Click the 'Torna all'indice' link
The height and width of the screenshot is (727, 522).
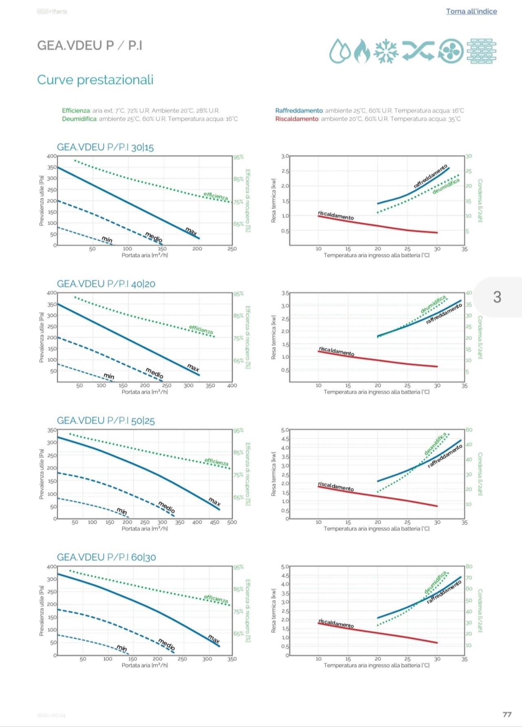(471, 11)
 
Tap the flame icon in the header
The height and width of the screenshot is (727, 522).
(361, 51)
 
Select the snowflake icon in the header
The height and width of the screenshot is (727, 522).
(386, 51)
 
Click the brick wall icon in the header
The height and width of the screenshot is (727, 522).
(481, 51)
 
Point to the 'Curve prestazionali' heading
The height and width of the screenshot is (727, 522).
(95, 80)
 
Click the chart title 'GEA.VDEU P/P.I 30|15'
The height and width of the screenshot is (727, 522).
(105, 147)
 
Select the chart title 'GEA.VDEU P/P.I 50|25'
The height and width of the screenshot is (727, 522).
(106, 420)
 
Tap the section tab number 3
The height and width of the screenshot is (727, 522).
(497, 297)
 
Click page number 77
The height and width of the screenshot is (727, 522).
(507, 714)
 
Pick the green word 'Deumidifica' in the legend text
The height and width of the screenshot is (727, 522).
(79, 119)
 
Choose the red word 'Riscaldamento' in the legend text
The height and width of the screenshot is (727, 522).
(296, 119)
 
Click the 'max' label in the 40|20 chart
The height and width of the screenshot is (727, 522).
(193, 367)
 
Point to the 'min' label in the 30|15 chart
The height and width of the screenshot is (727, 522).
(107, 239)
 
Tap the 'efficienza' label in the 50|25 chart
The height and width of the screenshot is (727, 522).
(216, 462)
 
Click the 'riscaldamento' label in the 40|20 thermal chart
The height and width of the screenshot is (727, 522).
(336, 351)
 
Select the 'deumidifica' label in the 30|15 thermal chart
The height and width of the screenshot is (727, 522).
(446, 186)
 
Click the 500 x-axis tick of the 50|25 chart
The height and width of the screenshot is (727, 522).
(232, 522)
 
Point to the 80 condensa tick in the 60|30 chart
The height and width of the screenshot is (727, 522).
(469, 566)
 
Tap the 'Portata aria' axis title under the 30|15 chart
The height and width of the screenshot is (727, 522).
(144, 255)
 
